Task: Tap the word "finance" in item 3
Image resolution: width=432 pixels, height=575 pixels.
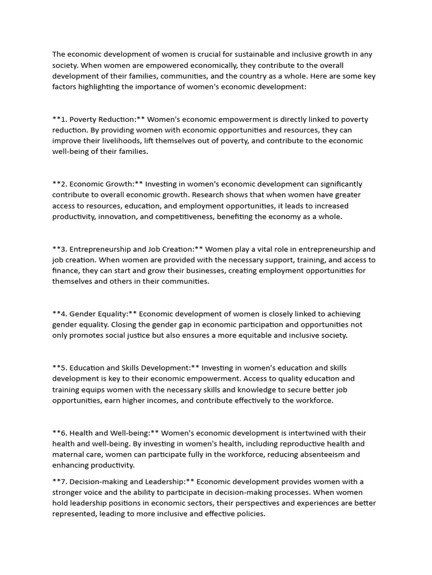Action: tap(67, 271)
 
